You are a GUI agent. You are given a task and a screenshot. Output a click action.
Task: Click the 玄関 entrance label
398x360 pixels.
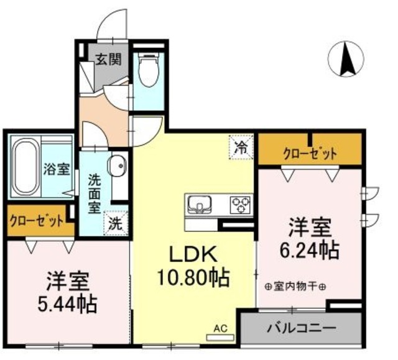[x=108, y=60]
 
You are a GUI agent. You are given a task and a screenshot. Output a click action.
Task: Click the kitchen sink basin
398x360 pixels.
[x=200, y=203]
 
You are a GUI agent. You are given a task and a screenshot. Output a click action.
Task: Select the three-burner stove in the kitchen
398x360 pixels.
[x=239, y=203]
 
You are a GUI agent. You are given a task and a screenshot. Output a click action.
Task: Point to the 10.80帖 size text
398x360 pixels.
[x=193, y=275]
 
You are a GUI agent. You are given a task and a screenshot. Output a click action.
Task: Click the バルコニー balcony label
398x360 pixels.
[x=302, y=327]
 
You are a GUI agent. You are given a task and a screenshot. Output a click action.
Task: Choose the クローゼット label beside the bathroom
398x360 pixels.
[x=37, y=221]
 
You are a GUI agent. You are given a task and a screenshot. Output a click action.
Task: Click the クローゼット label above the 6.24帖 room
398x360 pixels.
[x=309, y=153]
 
